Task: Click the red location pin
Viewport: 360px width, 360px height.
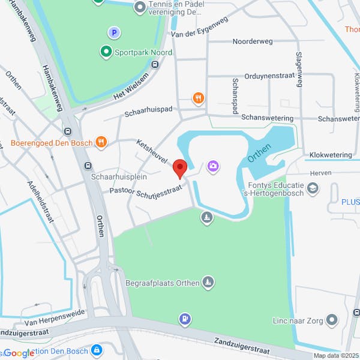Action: coord(179,169)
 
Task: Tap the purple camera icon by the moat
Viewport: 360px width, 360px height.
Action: coord(212,166)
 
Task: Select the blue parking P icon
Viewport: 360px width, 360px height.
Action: coord(112,32)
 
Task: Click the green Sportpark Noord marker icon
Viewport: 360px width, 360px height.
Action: coord(106,52)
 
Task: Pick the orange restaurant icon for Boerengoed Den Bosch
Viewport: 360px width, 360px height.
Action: coord(101,142)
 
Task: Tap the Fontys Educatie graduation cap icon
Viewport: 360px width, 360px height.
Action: coord(312,189)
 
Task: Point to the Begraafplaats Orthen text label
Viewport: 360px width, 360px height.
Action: coord(162,283)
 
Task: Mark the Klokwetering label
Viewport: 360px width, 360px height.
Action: coord(331,155)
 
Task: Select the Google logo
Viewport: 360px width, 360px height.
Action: coord(19,353)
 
